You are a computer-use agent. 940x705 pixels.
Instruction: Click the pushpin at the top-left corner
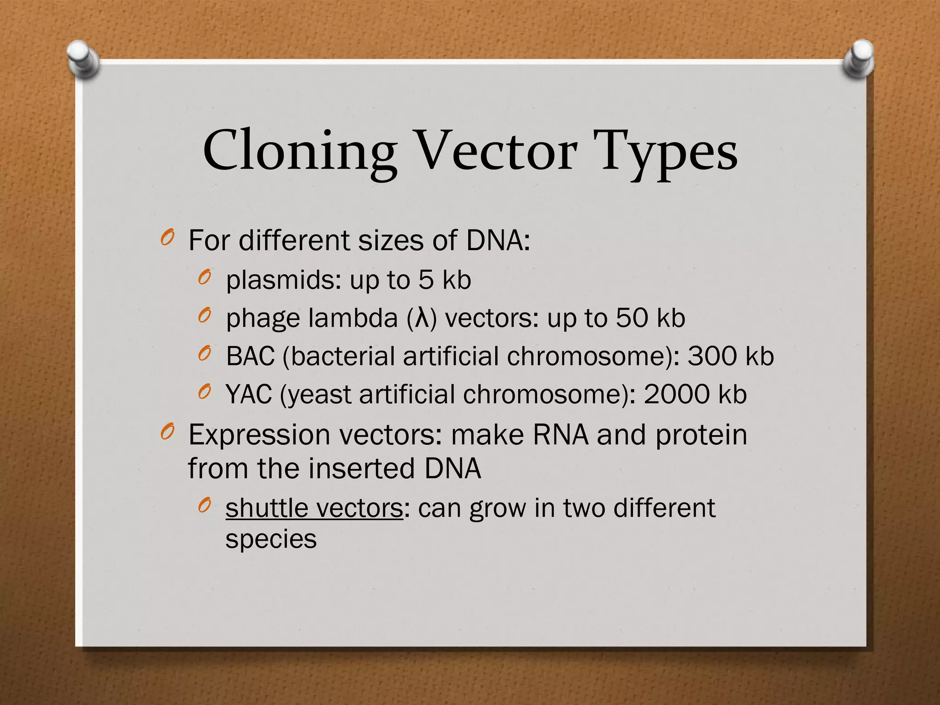tap(83, 58)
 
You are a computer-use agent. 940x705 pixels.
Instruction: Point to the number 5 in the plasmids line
tap(425, 280)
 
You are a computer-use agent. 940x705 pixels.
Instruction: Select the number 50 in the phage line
tap(631, 318)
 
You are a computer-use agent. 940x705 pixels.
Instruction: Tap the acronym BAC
tap(251, 356)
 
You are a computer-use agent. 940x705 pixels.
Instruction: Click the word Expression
tap(259, 435)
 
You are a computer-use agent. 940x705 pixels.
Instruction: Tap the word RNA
tap(560, 435)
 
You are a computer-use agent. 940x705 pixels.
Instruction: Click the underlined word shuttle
tap(267, 508)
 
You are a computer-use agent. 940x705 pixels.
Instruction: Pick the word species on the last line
tap(271, 539)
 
